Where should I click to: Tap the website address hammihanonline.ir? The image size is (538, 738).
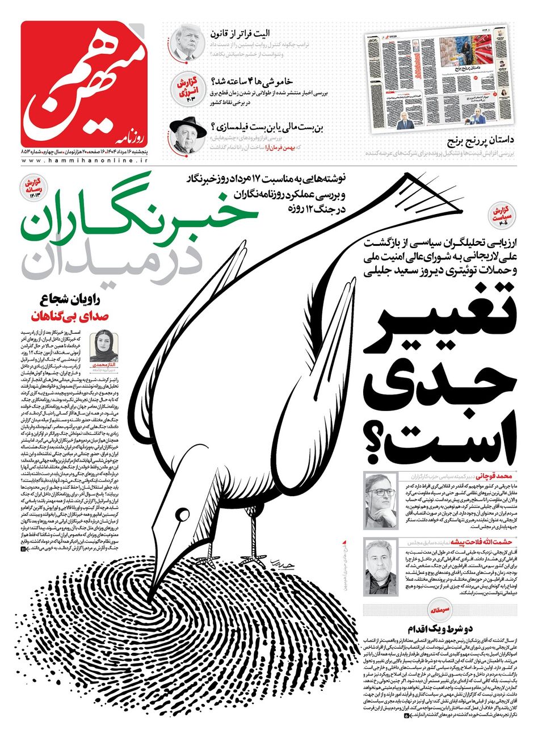pos(85,161)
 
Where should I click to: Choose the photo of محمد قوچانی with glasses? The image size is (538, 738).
pos(380,500)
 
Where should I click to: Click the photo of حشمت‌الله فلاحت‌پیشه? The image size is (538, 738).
pos(380,566)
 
